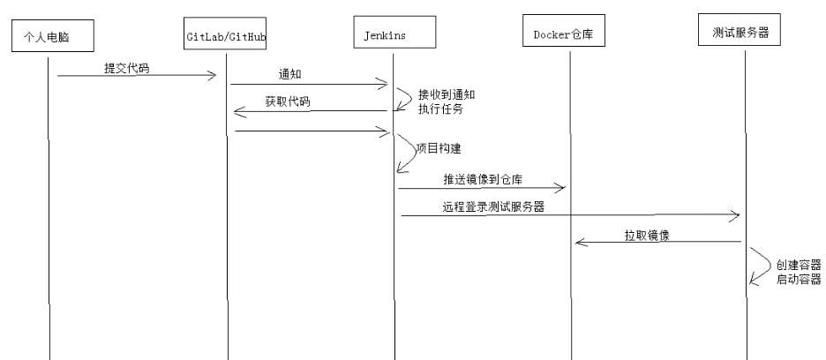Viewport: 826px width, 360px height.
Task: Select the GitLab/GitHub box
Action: (226, 35)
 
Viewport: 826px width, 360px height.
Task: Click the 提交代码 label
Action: (127, 67)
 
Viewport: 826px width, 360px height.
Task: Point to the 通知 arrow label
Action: (290, 74)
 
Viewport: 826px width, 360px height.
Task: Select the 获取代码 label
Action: (288, 101)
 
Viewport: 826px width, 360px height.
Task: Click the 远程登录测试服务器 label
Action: (493, 207)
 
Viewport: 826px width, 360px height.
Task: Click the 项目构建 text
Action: (438, 148)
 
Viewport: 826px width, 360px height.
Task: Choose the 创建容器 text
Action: (798, 265)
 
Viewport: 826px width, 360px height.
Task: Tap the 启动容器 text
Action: (798, 279)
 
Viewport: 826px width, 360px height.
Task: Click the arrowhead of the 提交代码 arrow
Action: (213, 76)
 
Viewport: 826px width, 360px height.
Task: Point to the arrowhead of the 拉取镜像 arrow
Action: (579, 241)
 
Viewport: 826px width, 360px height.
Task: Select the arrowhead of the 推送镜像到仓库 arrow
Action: (560, 187)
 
